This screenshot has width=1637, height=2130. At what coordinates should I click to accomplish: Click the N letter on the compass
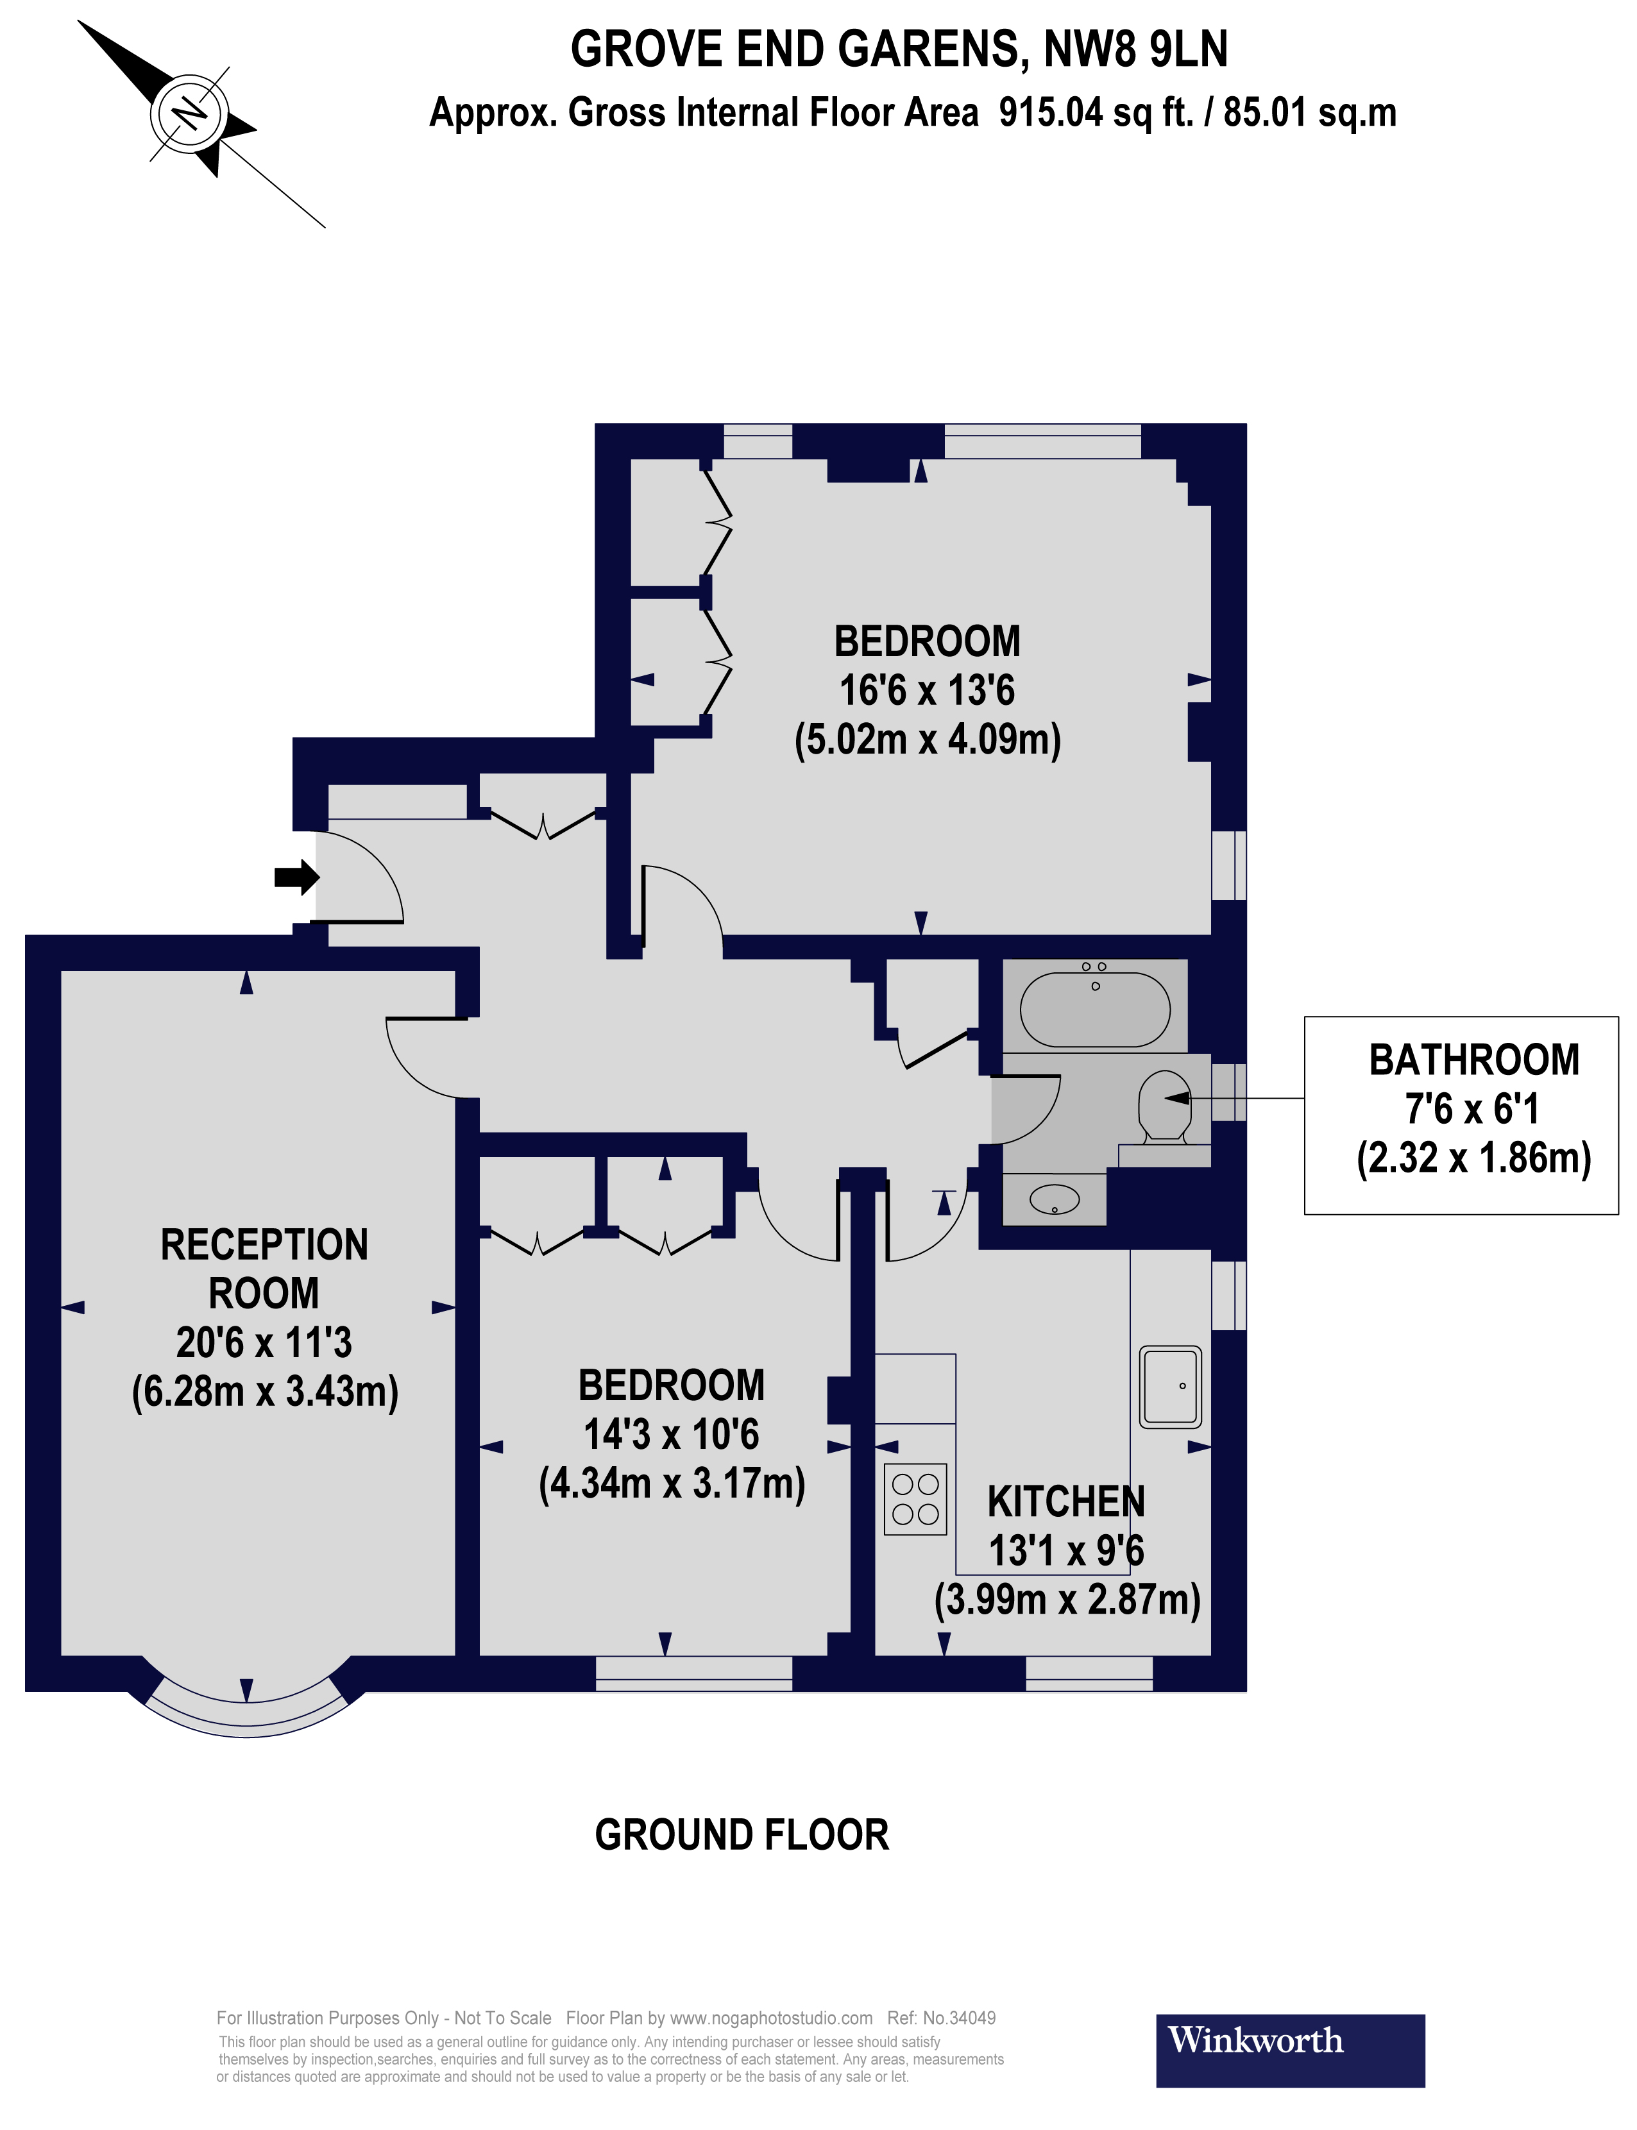pyautogui.click(x=189, y=114)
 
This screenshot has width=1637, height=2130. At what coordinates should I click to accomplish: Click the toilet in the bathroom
pyautogui.click(x=1164, y=1106)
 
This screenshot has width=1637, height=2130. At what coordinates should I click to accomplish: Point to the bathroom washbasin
pyautogui.click(x=1055, y=1199)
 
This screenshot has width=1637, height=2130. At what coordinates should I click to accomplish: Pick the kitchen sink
pyautogui.click(x=1170, y=1387)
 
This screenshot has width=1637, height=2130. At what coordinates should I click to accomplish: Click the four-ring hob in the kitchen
pyautogui.click(x=915, y=1499)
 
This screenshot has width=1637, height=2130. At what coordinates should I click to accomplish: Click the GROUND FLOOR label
pyautogui.click(x=742, y=1836)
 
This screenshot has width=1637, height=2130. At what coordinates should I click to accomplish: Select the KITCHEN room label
pyautogui.click(x=1066, y=1501)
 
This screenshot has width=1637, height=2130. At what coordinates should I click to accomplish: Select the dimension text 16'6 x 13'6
pyautogui.click(x=927, y=690)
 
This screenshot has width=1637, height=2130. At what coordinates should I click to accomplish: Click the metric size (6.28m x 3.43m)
pyautogui.click(x=265, y=1391)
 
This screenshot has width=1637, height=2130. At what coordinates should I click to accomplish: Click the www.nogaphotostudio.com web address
pyautogui.click(x=771, y=2018)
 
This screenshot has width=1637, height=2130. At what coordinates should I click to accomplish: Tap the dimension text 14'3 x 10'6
pyautogui.click(x=672, y=1434)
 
